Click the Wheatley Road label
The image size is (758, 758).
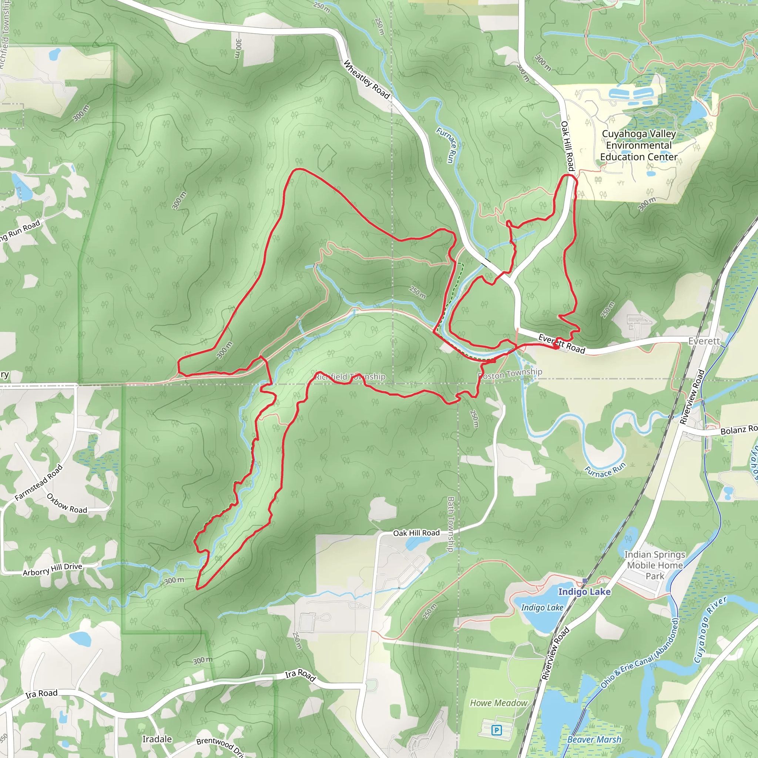[366, 80]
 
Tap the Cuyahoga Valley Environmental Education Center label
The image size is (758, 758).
[639, 145]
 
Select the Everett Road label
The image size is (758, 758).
[561, 343]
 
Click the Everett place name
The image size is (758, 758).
[704, 341]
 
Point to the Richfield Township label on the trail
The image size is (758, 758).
[350, 377]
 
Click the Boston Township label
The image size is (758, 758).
[510, 373]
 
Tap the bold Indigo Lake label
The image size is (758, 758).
[584, 592]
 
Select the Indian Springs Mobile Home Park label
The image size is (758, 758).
[655, 566]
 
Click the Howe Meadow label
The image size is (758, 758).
[499, 703]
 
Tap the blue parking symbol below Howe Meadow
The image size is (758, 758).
[496, 730]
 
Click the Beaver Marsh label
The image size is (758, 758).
[594, 739]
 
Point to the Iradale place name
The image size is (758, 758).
[157, 739]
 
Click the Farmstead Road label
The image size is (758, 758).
[38, 483]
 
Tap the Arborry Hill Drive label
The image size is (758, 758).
[53, 569]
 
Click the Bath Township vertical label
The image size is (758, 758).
[451, 524]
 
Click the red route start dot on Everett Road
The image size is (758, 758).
[556, 346]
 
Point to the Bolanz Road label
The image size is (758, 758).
[738, 430]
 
